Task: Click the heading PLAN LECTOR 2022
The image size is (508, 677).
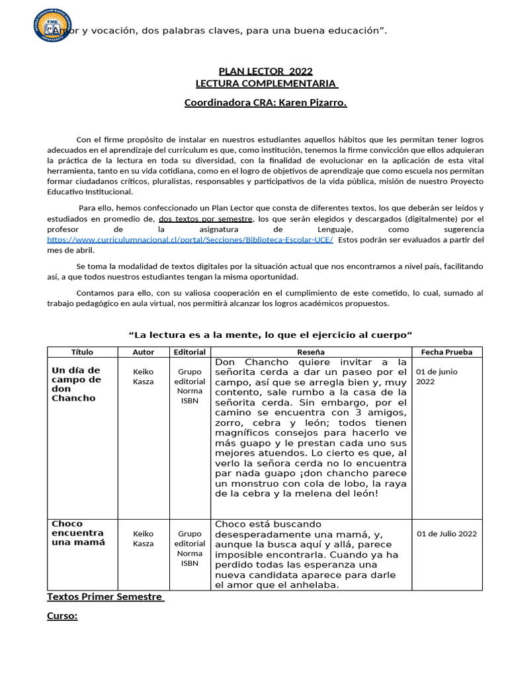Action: tap(265, 71)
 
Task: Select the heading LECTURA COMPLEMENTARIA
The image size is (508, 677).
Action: tap(267, 84)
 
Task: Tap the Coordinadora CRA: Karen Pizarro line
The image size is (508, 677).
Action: tap(265, 102)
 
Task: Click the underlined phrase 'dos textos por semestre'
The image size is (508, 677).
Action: tap(206, 219)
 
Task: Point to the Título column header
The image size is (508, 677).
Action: tap(82, 352)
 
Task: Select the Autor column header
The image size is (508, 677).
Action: tap(144, 352)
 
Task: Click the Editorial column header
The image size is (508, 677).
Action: tap(190, 352)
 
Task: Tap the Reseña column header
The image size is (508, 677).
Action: tap(311, 352)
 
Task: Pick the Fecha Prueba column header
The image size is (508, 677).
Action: tap(447, 352)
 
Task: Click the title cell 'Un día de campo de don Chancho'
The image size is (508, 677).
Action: tap(77, 384)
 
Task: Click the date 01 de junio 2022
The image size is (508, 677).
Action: tap(437, 376)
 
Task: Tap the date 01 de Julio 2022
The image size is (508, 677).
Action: tap(446, 534)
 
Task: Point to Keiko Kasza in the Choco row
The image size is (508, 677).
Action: tap(144, 538)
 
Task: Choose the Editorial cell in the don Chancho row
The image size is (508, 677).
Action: tap(190, 386)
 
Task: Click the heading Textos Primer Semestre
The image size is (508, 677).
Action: tap(105, 597)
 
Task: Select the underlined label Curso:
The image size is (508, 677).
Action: tap(62, 616)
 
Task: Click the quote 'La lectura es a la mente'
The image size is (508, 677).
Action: tap(271, 335)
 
